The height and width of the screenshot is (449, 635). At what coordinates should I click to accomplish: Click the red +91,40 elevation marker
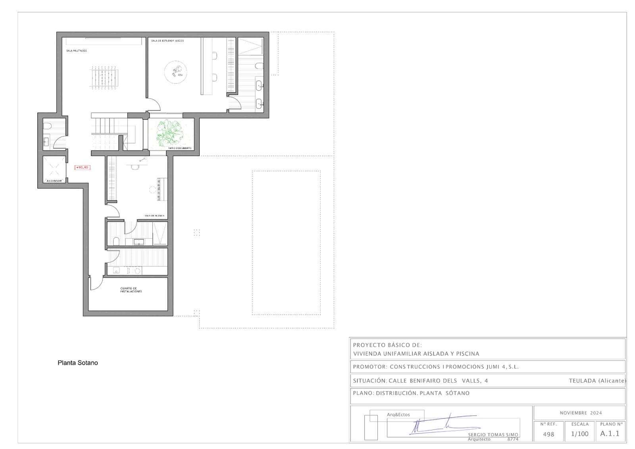(x=83, y=167)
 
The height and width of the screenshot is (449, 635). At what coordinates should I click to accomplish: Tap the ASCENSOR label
(x=54, y=181)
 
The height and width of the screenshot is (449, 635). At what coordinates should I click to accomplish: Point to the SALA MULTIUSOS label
(x=77, y=51)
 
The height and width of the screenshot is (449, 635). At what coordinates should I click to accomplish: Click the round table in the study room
(x=175, y=72)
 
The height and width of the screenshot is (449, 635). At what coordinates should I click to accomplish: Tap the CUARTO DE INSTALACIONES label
(x=131, y=290)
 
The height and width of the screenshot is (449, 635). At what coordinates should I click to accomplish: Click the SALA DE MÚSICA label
(x=154, y=216)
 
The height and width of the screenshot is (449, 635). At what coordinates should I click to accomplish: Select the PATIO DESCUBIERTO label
(x=180, y=148)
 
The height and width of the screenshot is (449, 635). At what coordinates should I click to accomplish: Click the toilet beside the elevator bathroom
(x=47, y=126)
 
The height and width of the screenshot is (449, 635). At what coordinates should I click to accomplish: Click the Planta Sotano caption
(x=78, y=363)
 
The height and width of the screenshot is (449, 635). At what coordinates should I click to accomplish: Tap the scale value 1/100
(x=579, y=434)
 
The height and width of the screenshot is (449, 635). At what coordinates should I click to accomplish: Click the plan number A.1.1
(x=610, y=434)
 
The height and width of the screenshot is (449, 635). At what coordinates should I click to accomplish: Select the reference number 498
(x=548, y=434)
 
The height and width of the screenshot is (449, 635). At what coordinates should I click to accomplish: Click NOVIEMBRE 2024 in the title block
(x=581, y=413)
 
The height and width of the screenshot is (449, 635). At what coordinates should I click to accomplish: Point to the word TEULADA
(x=582, y=381)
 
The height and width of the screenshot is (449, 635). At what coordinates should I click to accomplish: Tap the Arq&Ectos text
(x=398, y=414)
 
